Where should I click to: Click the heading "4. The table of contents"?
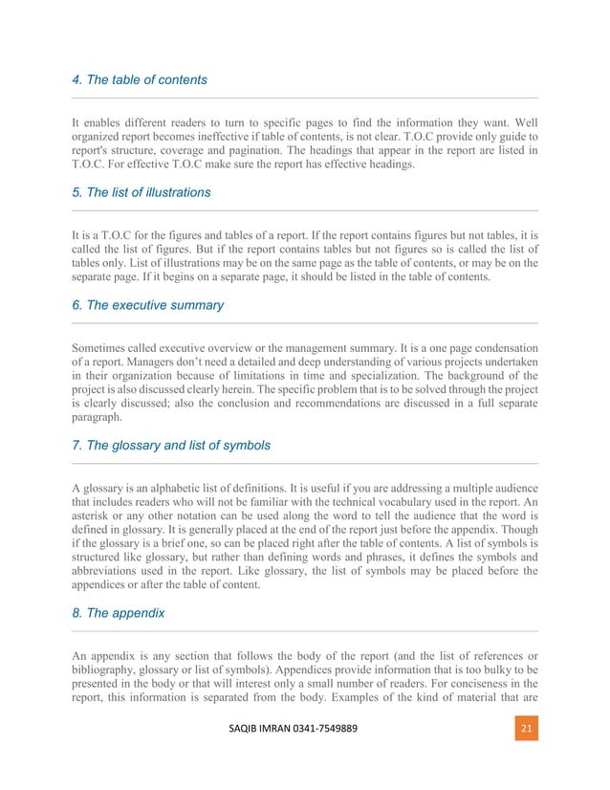[140, 79]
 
